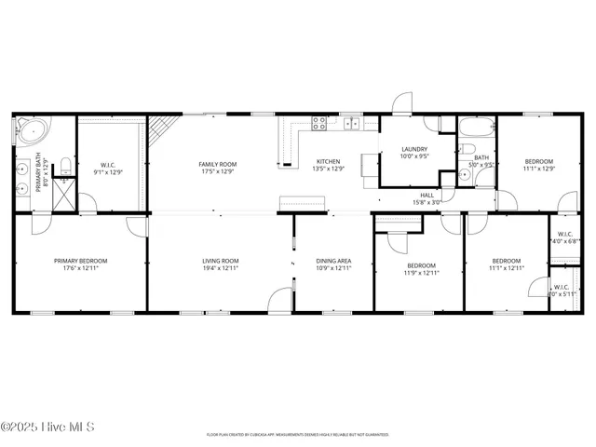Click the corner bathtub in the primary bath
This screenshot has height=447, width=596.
coord(27,130)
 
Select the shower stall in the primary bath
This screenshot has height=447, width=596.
coord(63,194)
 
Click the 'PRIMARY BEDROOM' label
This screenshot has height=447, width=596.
coord(80,261)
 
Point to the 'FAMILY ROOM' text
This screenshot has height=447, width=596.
coord(216,164)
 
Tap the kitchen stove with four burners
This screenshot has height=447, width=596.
coord(318,121)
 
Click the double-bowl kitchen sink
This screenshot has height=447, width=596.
coord(352,123)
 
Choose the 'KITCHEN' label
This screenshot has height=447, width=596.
coord(329,160)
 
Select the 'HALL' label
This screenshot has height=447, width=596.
coord(427,195)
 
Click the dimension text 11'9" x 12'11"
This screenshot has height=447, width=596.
coord(421,273)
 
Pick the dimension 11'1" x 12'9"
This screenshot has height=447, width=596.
coord(538,169)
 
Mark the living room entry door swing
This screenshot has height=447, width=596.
coord(279,300)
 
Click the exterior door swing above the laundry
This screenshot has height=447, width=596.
coord(401,104)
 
